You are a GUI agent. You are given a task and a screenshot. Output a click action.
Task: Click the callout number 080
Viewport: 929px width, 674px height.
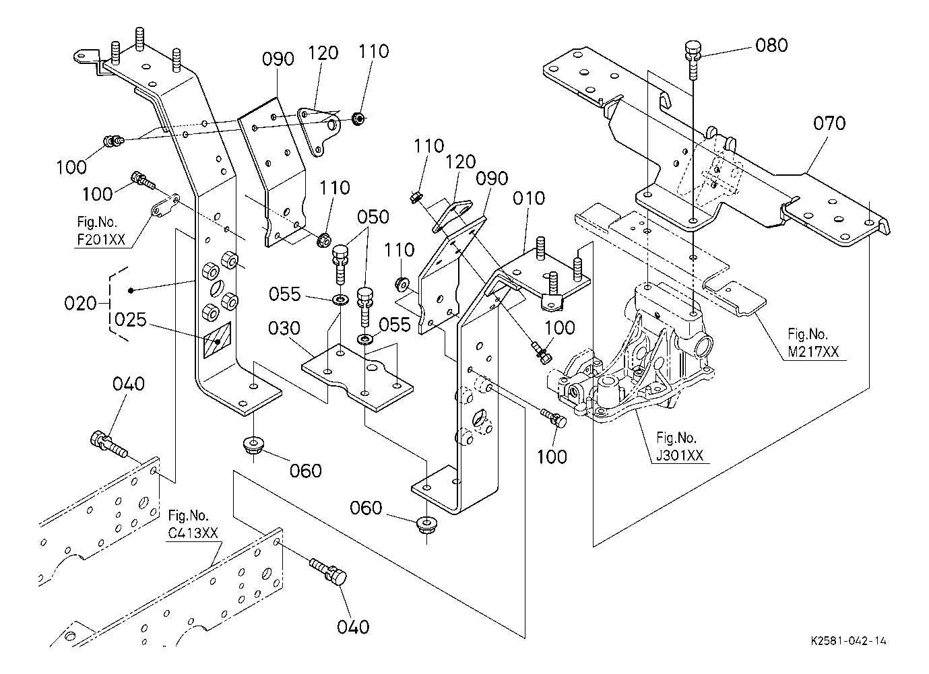click(771, 45)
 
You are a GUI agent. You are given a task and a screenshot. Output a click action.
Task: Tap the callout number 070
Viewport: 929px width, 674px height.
click(829, 123)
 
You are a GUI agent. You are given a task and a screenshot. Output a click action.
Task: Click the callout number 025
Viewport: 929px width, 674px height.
click(131, 319)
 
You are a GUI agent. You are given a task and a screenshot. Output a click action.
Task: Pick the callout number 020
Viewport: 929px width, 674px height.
click(81, 304)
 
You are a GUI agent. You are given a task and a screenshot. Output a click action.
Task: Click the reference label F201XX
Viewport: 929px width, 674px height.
click(100, 239)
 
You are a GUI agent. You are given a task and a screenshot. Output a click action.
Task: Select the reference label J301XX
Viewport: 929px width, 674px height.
click(679, 455)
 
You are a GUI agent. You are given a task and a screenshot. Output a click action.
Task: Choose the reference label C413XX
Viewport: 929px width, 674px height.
click(193, 533)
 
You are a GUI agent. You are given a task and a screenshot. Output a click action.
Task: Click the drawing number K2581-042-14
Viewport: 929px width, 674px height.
click(849, 642)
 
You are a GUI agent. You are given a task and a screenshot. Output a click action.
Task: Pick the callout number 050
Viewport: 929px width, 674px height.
click(373, 217)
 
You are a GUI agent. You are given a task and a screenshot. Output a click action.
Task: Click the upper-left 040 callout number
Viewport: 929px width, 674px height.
click(128, 384)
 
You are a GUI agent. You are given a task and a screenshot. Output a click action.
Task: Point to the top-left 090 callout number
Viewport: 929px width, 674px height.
click(278, 59)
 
